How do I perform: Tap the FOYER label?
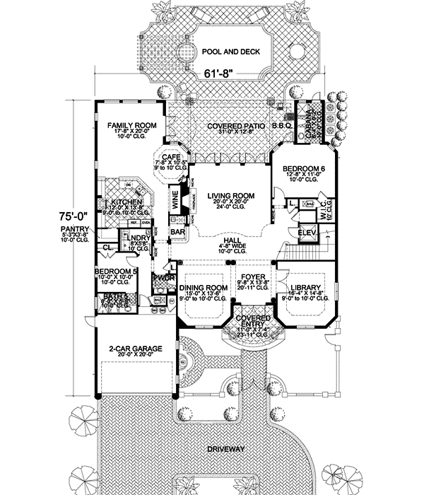(x=252, y=277)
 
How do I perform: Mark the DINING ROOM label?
(x=203, y=287)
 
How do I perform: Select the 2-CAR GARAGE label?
(x=131, y=349)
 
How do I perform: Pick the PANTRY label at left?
(x=75, y=230)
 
